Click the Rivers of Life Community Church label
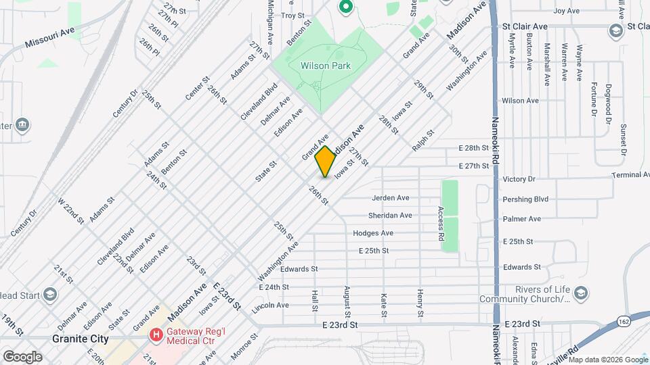point(523,295)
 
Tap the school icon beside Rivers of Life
point(580,293)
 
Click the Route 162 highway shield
point(623,323)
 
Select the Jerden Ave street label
point(390,198)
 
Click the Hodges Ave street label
point(372,233)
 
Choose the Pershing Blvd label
point(525,199)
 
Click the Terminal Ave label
point(630,175)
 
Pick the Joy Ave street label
point(567,11)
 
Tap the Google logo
point(22,356)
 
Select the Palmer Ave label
point(521,219)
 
